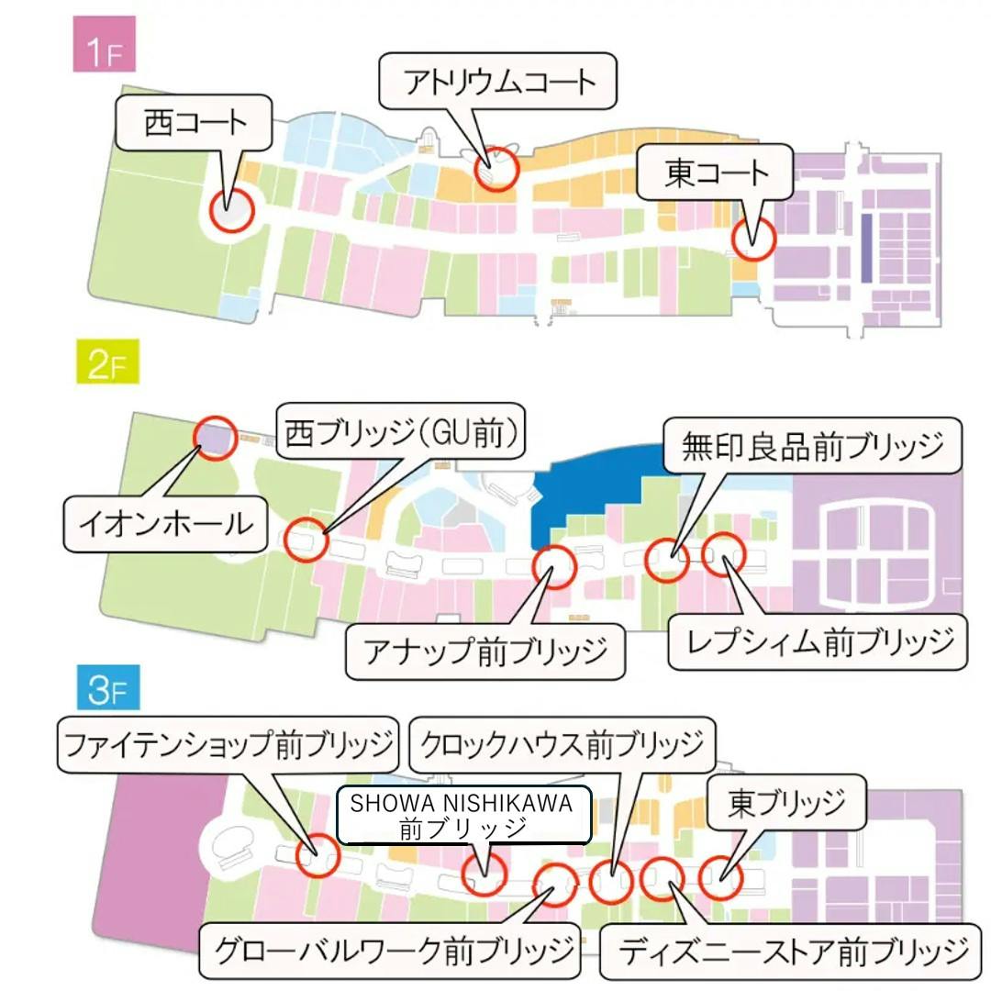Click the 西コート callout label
tap(195, 124)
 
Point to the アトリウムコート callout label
tap(499, 82)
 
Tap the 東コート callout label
tap(716, 173)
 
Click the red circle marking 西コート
tap(230, 210)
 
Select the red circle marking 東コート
tap(753, 239)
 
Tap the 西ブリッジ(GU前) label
tap(402, 433)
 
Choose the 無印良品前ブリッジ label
tap(812, 446)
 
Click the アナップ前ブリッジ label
tap(485, 651)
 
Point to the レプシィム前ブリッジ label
tap(817, 641)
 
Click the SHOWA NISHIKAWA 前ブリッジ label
tap(463, 815)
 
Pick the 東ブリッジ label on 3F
tap(785, 803)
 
